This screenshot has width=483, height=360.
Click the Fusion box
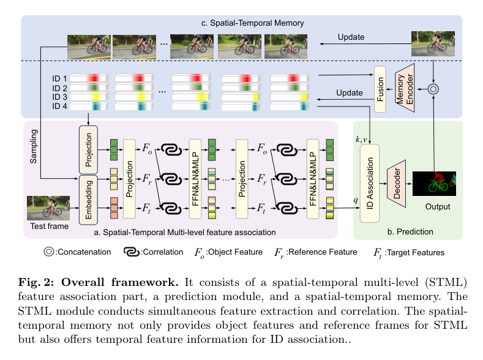[x=380, y=89]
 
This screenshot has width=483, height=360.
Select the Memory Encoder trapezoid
[x=405, y=88]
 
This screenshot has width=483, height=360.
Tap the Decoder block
[x=397, y=184]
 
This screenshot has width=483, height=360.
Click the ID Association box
[x=370, y=183]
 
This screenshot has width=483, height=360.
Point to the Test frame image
[x=48, y=208]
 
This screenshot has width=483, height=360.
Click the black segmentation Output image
[x=434, y=184]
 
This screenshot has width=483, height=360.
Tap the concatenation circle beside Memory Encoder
[x=433, y=89]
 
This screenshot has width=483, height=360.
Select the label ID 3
[x=59, y=97]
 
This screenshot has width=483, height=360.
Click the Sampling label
[x=33, y=146]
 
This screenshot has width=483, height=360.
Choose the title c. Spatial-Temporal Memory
[x=253, y=23]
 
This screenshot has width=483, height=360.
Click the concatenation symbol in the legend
[x=49, y=252]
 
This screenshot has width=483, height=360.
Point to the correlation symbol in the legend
[x=132, y=252]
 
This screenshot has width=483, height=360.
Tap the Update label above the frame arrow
[x=351, y=37]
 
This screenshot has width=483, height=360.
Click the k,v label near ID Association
[x=361, y=140]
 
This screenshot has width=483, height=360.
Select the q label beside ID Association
[x=356, y=200]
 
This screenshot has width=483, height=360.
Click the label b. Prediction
[x=410, y=231]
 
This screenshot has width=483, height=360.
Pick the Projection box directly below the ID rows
[x=88, y=149]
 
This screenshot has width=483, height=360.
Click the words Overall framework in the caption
[x=120, y=282]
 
